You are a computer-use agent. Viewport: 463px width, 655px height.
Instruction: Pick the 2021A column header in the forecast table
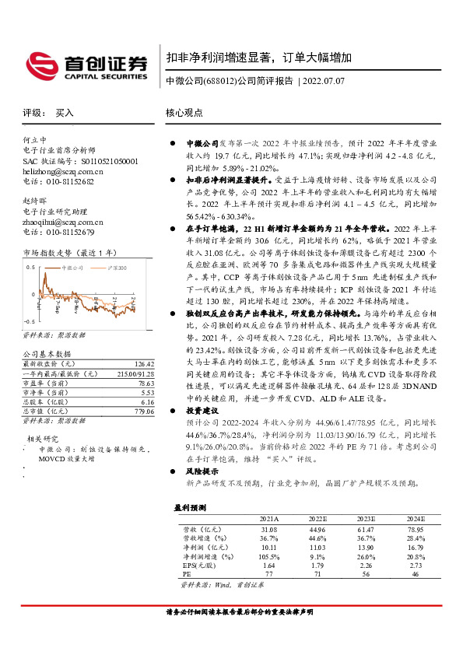coord(269,518)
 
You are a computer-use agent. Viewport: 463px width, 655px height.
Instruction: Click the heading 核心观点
coord(184,112)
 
